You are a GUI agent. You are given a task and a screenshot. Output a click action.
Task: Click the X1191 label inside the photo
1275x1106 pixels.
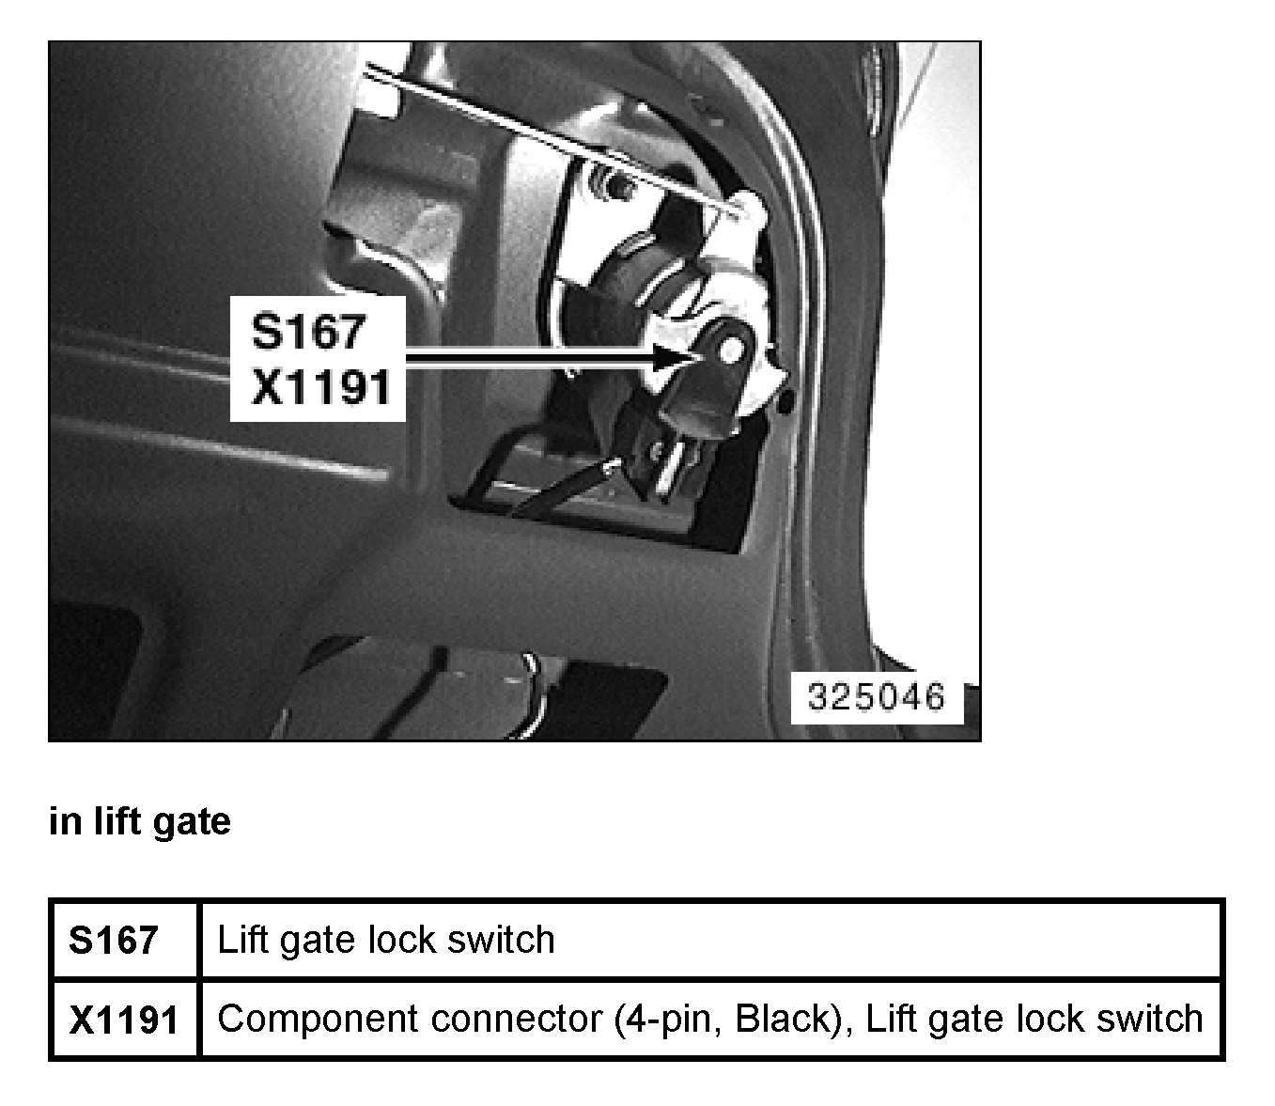click(x=320, y=386)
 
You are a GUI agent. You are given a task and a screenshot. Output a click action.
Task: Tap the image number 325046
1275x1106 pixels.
click(x=876, y=696)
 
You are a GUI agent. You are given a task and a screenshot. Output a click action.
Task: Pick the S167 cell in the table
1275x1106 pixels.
click(x=113, y=940)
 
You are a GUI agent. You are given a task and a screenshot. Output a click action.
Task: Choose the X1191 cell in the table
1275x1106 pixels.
click(x=123, y=1020)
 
